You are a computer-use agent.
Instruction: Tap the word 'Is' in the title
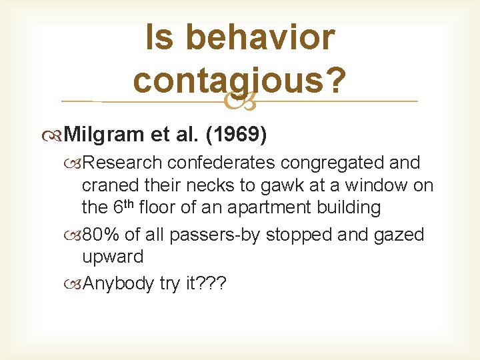coord(159,37)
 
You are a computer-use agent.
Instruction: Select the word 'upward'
coord(113,257)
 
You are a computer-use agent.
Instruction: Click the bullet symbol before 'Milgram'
coord(54,136)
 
